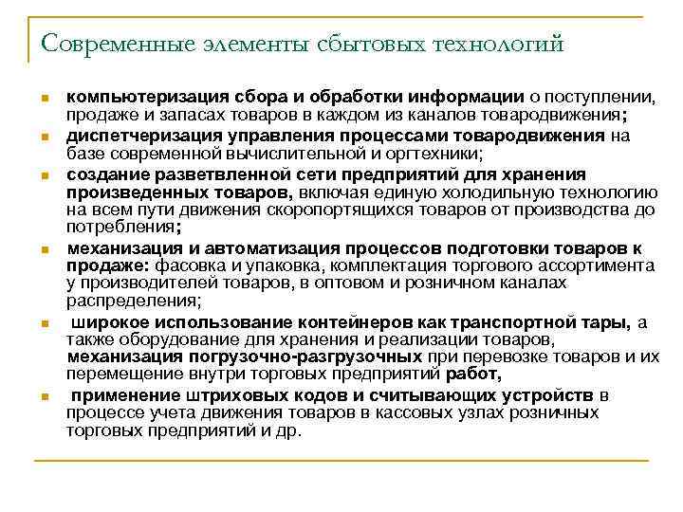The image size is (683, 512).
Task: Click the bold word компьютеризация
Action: point(140,98)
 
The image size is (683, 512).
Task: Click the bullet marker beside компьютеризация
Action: point(45,99)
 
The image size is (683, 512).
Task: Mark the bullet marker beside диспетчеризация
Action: point(45,136)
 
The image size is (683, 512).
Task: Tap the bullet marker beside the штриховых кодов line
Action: point(45,395)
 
